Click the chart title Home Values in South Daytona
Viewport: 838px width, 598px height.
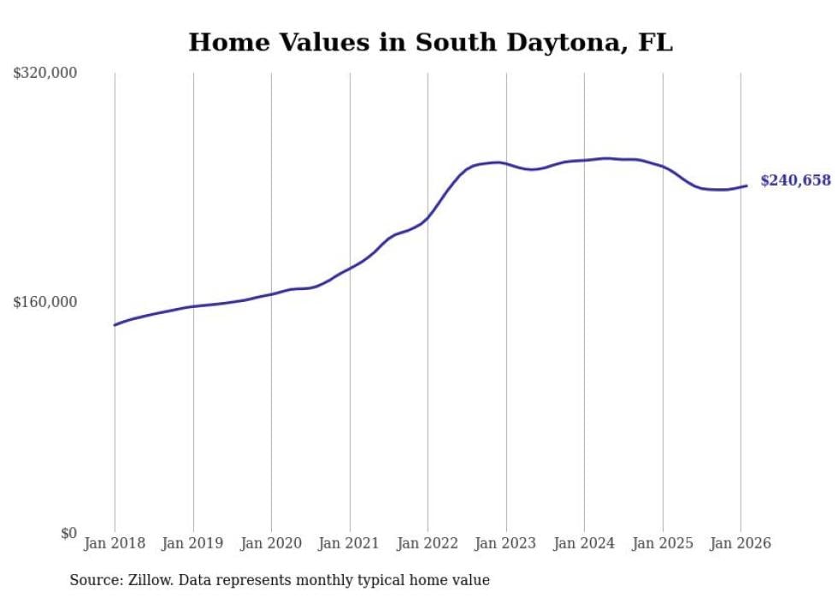(430, 43)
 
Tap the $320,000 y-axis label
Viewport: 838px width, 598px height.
(45, 74)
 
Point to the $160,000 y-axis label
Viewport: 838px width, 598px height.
(45, 302)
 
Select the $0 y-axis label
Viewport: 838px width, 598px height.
(68, 533)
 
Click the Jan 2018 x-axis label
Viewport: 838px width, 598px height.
(115, 543)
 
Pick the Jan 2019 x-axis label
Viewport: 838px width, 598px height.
(193, 543)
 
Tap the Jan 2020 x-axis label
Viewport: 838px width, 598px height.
(271, 543)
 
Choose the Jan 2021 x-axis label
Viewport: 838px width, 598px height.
(350, 543)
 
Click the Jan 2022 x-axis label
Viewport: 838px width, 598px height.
(428, 543)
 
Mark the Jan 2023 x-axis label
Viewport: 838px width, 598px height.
(506, 543)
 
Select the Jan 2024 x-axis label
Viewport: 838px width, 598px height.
(584, 543)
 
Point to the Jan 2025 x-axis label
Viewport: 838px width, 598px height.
(663, 543)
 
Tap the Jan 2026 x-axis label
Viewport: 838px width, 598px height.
(741, 543)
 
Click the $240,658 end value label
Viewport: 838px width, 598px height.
(795, 181)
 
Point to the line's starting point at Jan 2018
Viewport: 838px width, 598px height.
(115, 325)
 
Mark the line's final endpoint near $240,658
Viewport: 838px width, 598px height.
(747, 186)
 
